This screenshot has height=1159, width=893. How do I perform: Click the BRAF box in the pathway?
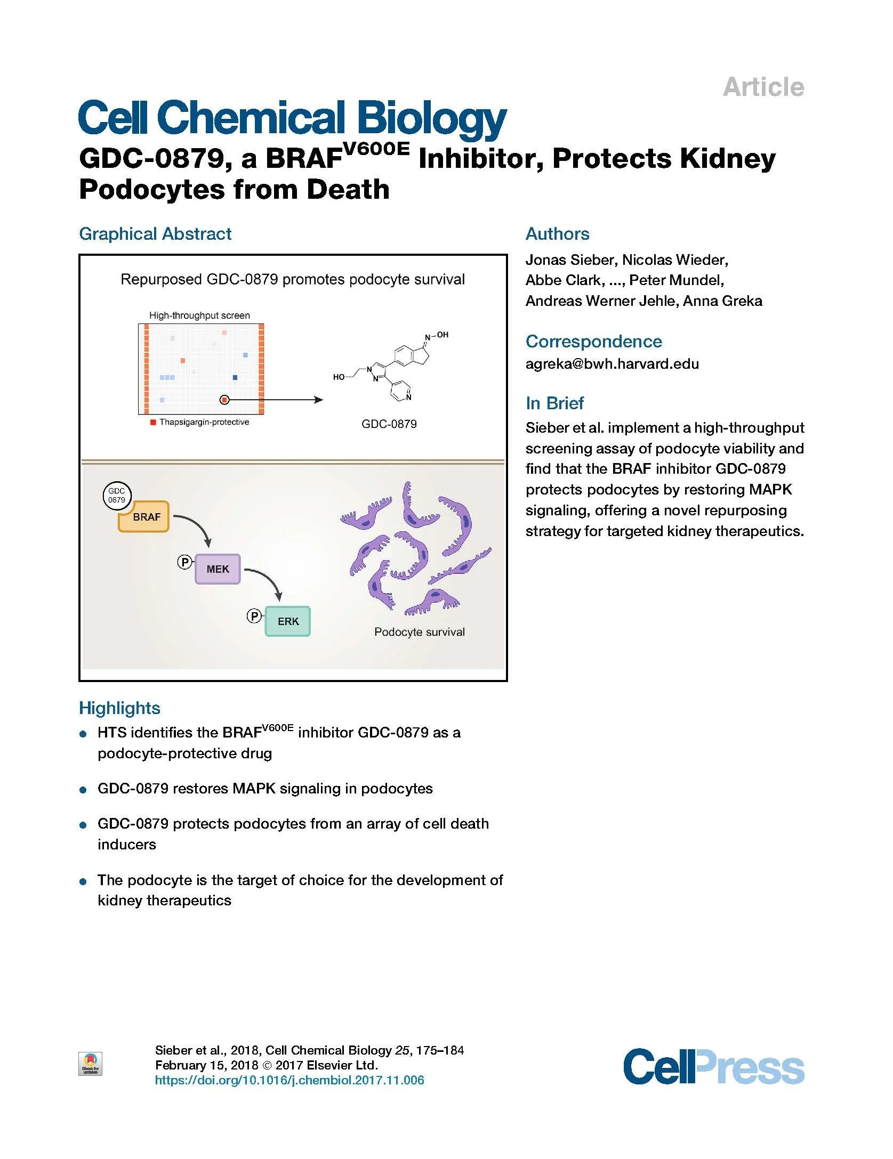(143, 517)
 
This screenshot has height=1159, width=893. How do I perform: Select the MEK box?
(218, 569)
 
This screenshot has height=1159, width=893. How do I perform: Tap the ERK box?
(288, 621)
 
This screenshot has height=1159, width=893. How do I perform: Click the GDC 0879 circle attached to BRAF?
(117, 496)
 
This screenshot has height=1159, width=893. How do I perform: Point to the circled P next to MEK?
(184, 562)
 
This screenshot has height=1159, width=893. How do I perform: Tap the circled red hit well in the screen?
(224, 400)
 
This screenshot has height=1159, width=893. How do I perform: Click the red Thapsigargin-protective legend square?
(154, 423)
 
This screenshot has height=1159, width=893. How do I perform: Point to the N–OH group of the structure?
(437, 336)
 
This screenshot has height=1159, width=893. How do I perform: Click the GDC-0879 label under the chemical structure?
(389, 424)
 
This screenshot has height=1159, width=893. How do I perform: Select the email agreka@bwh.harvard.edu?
(612, 364)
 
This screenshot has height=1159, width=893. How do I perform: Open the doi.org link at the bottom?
(289, 1080)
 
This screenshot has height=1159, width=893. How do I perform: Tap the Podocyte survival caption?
(419, 632)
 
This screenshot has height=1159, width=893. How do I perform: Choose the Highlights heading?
(119, 708)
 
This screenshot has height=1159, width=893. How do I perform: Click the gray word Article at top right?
(763, 87)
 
